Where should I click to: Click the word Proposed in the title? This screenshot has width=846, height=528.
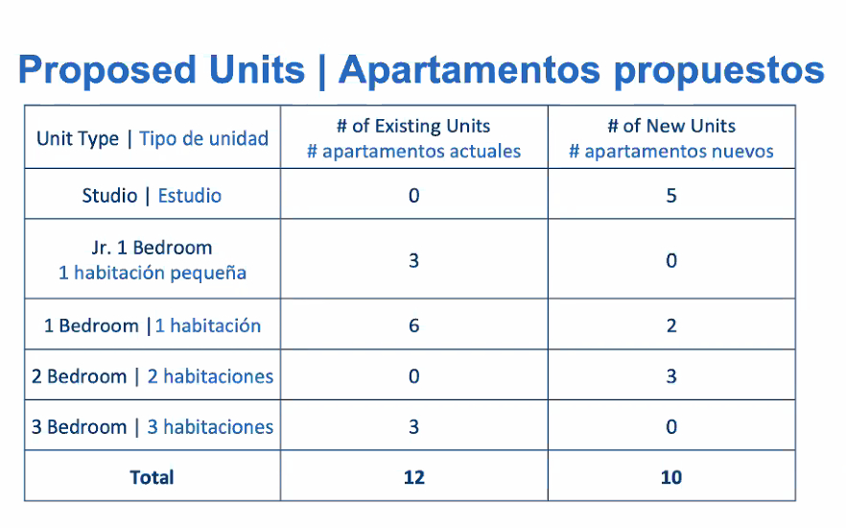(107, 70)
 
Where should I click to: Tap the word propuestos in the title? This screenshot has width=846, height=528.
(719, 71)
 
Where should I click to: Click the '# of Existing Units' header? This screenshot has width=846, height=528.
(413, 126)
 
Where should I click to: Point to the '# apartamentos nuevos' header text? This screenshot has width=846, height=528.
(671, 151)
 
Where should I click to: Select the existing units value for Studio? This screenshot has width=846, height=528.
(413, 196)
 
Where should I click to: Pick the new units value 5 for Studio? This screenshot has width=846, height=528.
(671, 196)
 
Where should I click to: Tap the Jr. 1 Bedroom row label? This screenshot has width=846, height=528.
(152, 248)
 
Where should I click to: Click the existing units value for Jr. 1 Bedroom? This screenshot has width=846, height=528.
(413, 261)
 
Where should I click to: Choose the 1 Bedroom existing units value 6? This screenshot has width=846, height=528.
(413, 325)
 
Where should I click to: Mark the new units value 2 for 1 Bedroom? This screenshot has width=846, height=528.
(671, 325)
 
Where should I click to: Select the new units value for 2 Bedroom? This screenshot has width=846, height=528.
(671, 376)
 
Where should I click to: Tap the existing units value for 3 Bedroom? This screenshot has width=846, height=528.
(413, 427)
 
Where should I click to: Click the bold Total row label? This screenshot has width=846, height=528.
(152, 477)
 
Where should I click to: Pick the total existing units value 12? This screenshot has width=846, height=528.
(413, 477)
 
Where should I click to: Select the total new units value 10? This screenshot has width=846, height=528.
(671, 477)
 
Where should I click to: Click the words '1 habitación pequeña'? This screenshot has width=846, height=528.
(153, 274)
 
